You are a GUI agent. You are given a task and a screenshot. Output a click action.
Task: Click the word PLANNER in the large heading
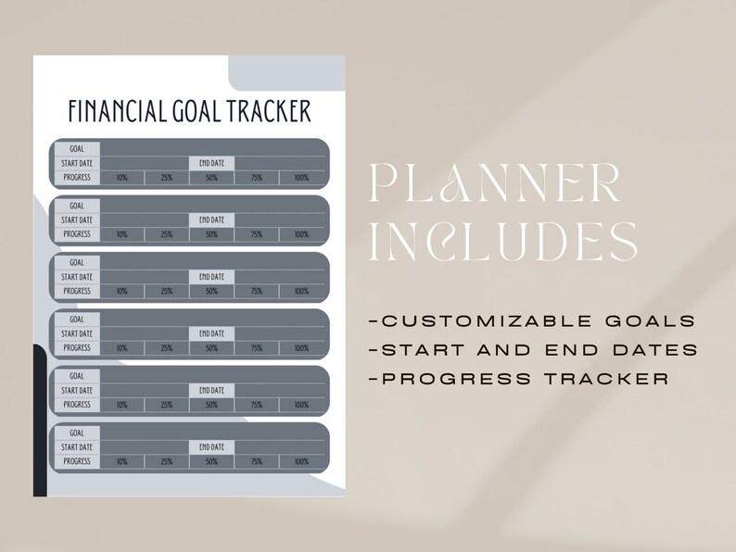(494, 183)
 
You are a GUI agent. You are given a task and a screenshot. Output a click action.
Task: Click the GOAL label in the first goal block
(77, 148)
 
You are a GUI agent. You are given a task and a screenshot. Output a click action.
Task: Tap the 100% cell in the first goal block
(301, 178)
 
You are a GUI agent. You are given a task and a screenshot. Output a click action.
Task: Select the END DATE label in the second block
(212, 220)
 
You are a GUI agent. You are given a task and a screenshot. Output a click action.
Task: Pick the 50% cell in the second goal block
(212, 234)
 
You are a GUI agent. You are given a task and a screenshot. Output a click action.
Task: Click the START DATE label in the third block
(77, 277)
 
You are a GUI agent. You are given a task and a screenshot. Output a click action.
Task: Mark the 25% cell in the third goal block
(167, 292)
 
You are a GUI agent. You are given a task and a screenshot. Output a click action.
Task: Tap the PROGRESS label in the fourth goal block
(77, 348)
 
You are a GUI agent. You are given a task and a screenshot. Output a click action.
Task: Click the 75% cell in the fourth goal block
(257, 348)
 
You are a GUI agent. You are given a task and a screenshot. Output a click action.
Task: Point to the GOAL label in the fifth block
(77, 376)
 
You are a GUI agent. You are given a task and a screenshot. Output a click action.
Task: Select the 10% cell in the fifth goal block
(122, 405)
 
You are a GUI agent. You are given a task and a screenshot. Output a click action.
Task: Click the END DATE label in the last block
(212, 447)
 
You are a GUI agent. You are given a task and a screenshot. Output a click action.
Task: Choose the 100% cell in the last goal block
(301, 461)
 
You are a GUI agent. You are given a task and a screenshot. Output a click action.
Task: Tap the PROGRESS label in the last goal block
(77, 461)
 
